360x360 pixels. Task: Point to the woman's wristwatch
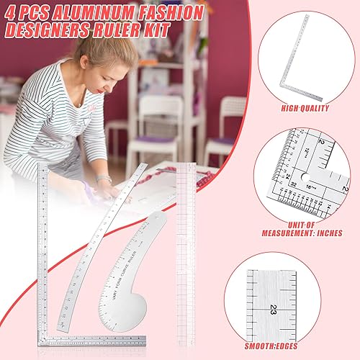click(104, 178)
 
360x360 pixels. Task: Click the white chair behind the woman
click(160, 122)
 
